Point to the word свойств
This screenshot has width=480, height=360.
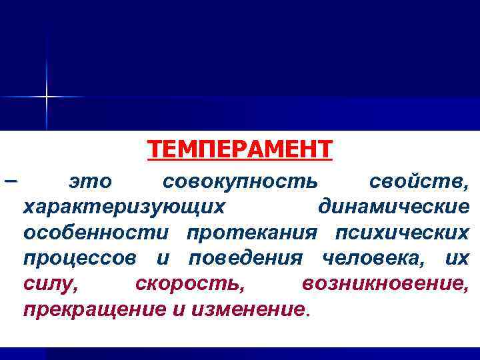419,181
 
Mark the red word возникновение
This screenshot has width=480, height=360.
385,285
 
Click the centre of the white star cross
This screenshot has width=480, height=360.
47,97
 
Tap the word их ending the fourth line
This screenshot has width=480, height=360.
457,259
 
